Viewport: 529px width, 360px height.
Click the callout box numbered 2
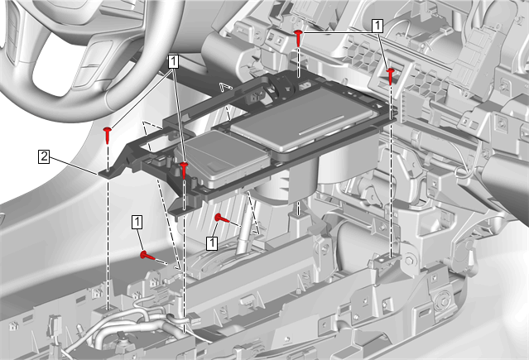click(x=44, y=157)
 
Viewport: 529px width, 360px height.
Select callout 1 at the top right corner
click(x=378, y=26)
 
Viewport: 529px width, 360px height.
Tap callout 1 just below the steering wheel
click(x=173, y=62)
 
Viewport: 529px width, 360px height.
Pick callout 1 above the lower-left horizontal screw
click(x=137, y=223)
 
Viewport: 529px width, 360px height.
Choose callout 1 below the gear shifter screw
click(x=212, y=243)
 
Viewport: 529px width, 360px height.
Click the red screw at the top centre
click(x=298, y=38)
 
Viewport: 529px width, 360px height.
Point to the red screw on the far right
click(x=391, y=76)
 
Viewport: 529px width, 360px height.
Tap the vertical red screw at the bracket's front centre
click(x=184, y=170)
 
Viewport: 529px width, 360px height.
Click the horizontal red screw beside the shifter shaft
click(x=222, y=218)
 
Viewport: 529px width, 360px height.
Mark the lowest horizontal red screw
click(x=147, y=256)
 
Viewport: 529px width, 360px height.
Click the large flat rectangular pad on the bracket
click(x=303, y=119)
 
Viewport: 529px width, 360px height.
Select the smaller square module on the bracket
click(x=224, y=158)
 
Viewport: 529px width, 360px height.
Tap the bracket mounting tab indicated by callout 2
click(x=108, y=174)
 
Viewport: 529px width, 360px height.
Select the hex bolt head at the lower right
click(x=408, y=261)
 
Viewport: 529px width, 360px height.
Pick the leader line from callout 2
click(x=75, y=166)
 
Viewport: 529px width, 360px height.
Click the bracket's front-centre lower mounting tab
click(x=183, y=211)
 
